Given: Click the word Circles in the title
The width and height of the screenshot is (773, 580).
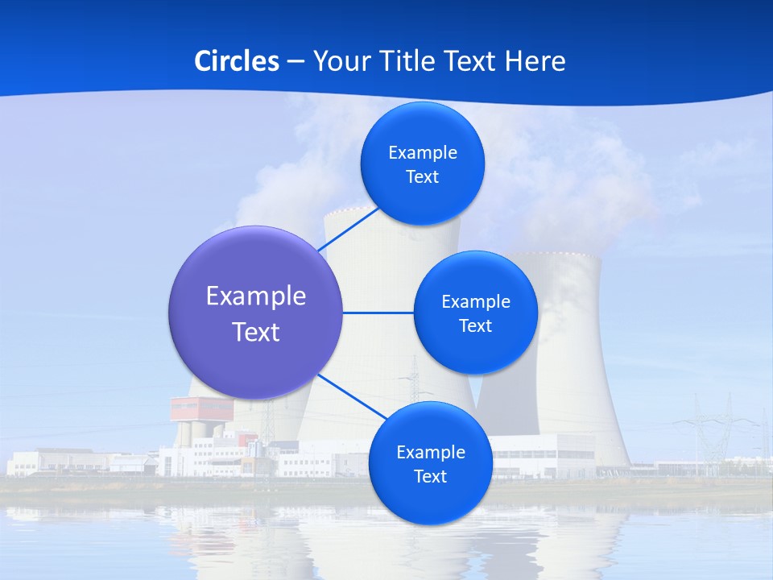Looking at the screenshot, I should [237, 61].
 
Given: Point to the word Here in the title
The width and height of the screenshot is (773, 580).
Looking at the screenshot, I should [535, 61].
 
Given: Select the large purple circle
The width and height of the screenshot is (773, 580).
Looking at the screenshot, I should [255, 313].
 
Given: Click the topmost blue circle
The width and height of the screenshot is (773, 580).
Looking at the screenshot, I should [422, 164].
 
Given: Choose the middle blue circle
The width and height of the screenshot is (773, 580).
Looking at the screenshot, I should [475, 313].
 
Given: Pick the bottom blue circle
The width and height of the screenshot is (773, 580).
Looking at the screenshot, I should [430, 463].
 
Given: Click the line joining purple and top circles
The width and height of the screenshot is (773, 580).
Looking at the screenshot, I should [348, 229].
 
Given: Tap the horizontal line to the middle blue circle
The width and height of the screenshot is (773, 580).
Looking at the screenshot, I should [378, 313].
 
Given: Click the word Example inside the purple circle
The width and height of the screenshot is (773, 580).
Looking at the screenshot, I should [255, 296].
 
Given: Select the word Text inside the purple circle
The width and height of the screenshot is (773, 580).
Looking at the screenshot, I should [255, 332].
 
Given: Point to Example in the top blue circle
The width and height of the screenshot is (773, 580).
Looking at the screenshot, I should [422, 153].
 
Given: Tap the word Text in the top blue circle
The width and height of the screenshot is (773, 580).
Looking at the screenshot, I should [422, 177].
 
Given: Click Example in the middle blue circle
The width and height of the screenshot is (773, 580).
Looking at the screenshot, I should [475, 301].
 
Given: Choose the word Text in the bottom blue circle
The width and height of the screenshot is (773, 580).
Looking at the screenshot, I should [430, 476].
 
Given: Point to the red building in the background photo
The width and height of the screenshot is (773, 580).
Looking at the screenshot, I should [200, 410].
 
